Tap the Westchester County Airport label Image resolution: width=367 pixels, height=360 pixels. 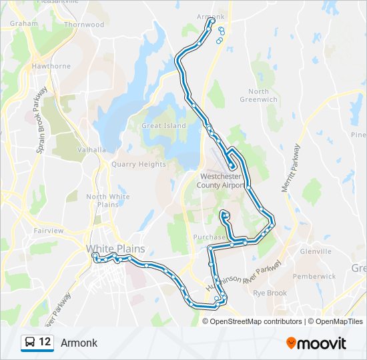[223, 181]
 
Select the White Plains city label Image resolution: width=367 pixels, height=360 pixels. [115, 249]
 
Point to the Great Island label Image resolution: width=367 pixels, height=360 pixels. [163, 125]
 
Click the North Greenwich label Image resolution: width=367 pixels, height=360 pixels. [258, 95]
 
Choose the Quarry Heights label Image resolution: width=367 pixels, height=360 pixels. [139, 164]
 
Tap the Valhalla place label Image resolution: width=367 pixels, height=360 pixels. [91, 150]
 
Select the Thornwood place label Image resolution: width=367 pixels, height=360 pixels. [84, 25]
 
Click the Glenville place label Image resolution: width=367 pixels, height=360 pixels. [316, 251]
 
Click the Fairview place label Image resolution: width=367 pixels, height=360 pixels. [48, 231]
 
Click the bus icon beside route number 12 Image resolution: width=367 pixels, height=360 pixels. [29, 343]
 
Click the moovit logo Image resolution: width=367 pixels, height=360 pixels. [316, 343]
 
